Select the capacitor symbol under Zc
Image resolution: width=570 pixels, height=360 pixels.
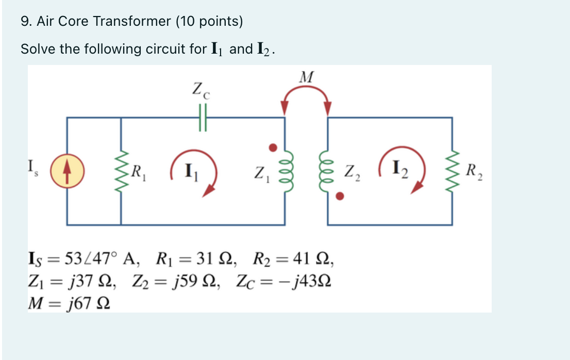coord(202,118)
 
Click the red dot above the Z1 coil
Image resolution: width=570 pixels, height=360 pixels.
coord(274,148)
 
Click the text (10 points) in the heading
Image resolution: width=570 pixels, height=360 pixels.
coord(209,21)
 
